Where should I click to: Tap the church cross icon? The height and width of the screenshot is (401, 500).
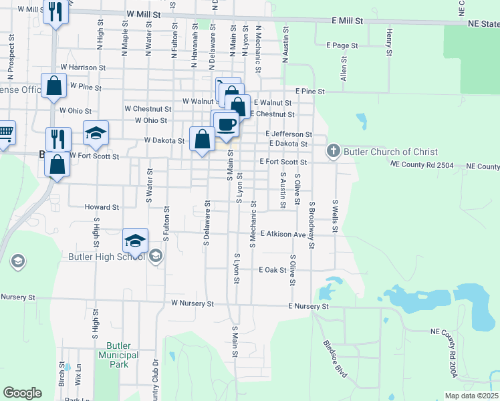334,152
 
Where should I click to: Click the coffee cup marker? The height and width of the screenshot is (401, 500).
227,124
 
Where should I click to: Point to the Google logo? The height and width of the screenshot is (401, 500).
22,393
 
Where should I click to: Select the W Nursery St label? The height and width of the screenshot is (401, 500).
192,303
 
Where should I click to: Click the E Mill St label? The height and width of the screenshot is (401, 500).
348,21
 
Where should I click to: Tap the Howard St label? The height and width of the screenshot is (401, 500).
102,208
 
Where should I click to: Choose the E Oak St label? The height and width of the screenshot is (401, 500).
273,271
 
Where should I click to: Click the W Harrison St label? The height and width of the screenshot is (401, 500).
83,68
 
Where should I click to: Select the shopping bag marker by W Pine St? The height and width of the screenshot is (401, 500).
54,86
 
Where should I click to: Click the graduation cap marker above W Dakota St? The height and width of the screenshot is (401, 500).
96,132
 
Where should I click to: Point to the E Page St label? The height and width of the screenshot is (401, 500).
342,45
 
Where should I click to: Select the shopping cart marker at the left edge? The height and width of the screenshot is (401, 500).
5,133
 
